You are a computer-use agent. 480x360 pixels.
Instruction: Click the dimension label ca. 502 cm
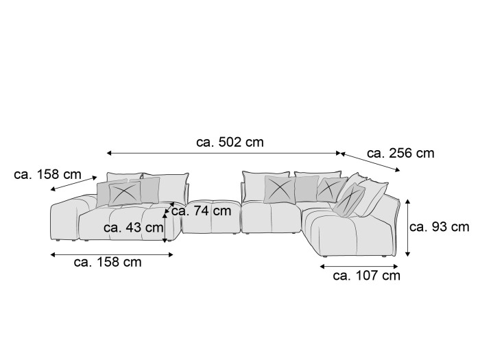230,143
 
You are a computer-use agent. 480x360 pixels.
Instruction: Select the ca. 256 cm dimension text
400,154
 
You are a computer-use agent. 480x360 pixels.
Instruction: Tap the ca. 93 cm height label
440,227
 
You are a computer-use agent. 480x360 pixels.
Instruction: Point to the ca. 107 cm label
367,276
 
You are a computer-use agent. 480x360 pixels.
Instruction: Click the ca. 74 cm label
201,211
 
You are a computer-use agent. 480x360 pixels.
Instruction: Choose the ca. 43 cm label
133,228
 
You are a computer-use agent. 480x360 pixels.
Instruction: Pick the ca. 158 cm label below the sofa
108,263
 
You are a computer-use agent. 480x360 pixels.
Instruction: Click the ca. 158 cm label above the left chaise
47,175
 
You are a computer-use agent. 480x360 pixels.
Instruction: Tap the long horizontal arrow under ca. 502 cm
224,153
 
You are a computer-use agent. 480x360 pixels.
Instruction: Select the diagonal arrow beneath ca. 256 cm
370,162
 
